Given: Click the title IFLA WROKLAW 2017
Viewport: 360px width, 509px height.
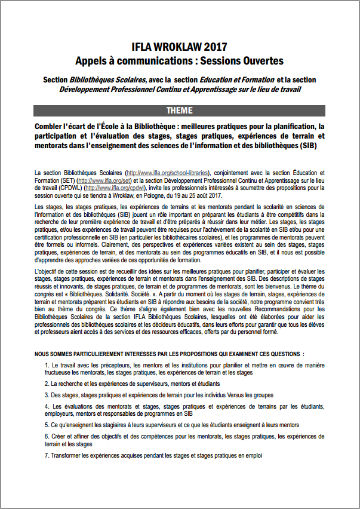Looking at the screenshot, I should [179, 47].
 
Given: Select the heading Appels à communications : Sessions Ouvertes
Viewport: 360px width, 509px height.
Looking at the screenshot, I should [179, 60].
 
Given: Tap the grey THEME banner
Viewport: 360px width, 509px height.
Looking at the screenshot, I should [179, 111].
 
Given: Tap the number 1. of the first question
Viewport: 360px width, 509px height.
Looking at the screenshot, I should [47, 364].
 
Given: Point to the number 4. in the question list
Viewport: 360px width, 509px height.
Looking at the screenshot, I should [47, 406].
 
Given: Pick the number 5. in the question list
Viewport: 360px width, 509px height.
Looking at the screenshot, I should [47, 425].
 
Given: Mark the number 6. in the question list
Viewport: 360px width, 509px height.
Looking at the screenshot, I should [47, 437].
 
